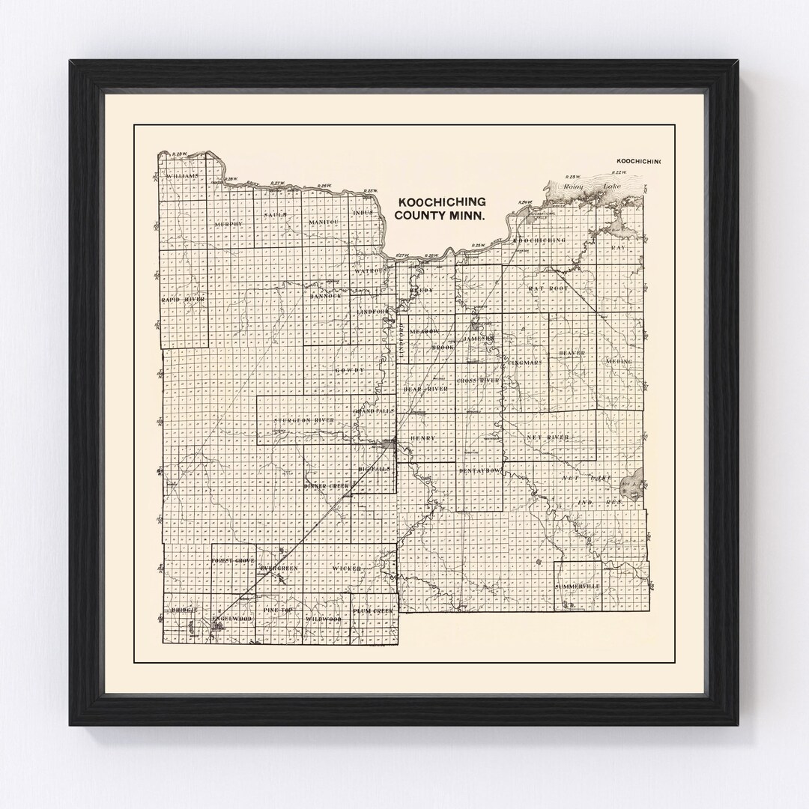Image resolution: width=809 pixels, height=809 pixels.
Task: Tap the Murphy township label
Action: point(228,224)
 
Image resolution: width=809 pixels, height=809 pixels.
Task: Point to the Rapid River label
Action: point(183,300)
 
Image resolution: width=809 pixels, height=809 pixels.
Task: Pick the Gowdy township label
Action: point(349,370)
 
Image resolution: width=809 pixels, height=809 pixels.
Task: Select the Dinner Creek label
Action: point(327,486)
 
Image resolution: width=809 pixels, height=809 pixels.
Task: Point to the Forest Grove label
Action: point(233,560)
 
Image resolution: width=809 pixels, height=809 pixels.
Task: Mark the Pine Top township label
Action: point(278,612)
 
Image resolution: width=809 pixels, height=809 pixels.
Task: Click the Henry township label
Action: point(422,438)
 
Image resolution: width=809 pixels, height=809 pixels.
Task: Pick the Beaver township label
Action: point(572,352)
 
